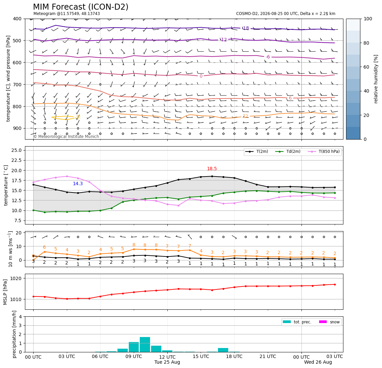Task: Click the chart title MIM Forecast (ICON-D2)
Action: pyautogui.click(x=81, y=7)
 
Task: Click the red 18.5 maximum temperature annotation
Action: pyautogui.click(x=212, y=169)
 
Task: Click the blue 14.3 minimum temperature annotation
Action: pyautogui.click(x=78, y=184)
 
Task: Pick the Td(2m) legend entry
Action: pyautogui.click(x=288, y=152)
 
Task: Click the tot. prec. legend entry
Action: pyautogui.click(x=297, y=322)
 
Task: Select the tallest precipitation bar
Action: pyautogui.click(x=145, y=344)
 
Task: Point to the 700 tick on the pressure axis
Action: pyautogui.click(x=18, y=85)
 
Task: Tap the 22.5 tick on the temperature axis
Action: pyautogui.click(x=17, y=160)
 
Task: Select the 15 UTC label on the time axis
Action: pyautogui.click(x=201, y=356)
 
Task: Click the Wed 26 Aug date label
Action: pyautogui.click(x=318, y=362)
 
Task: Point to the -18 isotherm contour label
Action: pyautogui.click(x=246, y=28)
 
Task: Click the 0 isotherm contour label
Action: pyautogui.click(x=201, y=76)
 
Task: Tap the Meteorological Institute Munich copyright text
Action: pyautogui.click(x=66, y=137)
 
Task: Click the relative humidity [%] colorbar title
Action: pyautogui.click(x=376, y=79)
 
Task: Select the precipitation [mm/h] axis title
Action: pyautogui.click(x=14, y=334)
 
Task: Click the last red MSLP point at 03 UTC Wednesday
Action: pyautogui.click(x=335, y=284)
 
